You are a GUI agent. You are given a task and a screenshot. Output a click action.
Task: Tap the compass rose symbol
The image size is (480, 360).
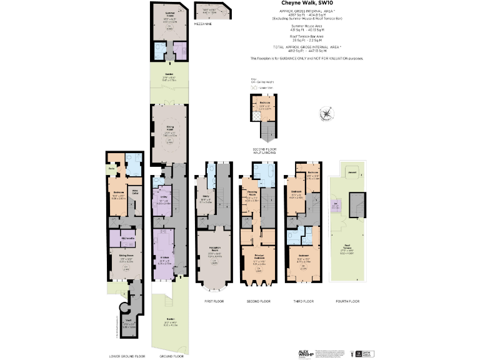[327, 114]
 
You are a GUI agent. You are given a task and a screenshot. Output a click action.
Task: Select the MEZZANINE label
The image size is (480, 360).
[202, 23]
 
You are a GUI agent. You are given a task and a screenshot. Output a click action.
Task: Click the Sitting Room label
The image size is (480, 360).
[127, 255]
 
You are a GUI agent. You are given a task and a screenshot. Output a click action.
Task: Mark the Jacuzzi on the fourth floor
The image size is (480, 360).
[352, 172]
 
